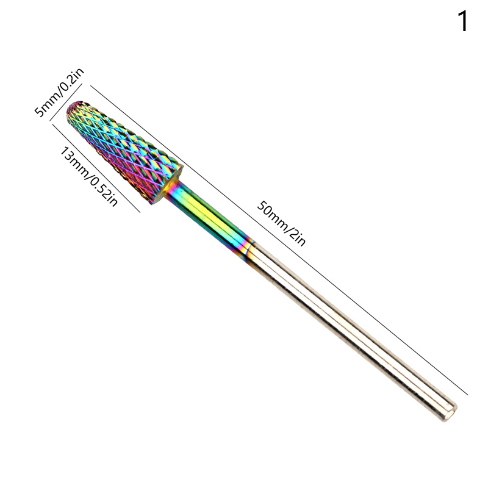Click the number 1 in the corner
pyautogui.click(x=463, y=21)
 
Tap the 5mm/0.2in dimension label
pyautogui.click(x=59, y=93)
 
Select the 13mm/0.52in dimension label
pyautogui.click(x=88, y=176)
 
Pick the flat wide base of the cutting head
pyautogui.click(x=167, y=185)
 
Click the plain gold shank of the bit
pyautogui.click(x=352, y=330)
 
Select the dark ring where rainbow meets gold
pyautogui.click(x=248, y=248)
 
